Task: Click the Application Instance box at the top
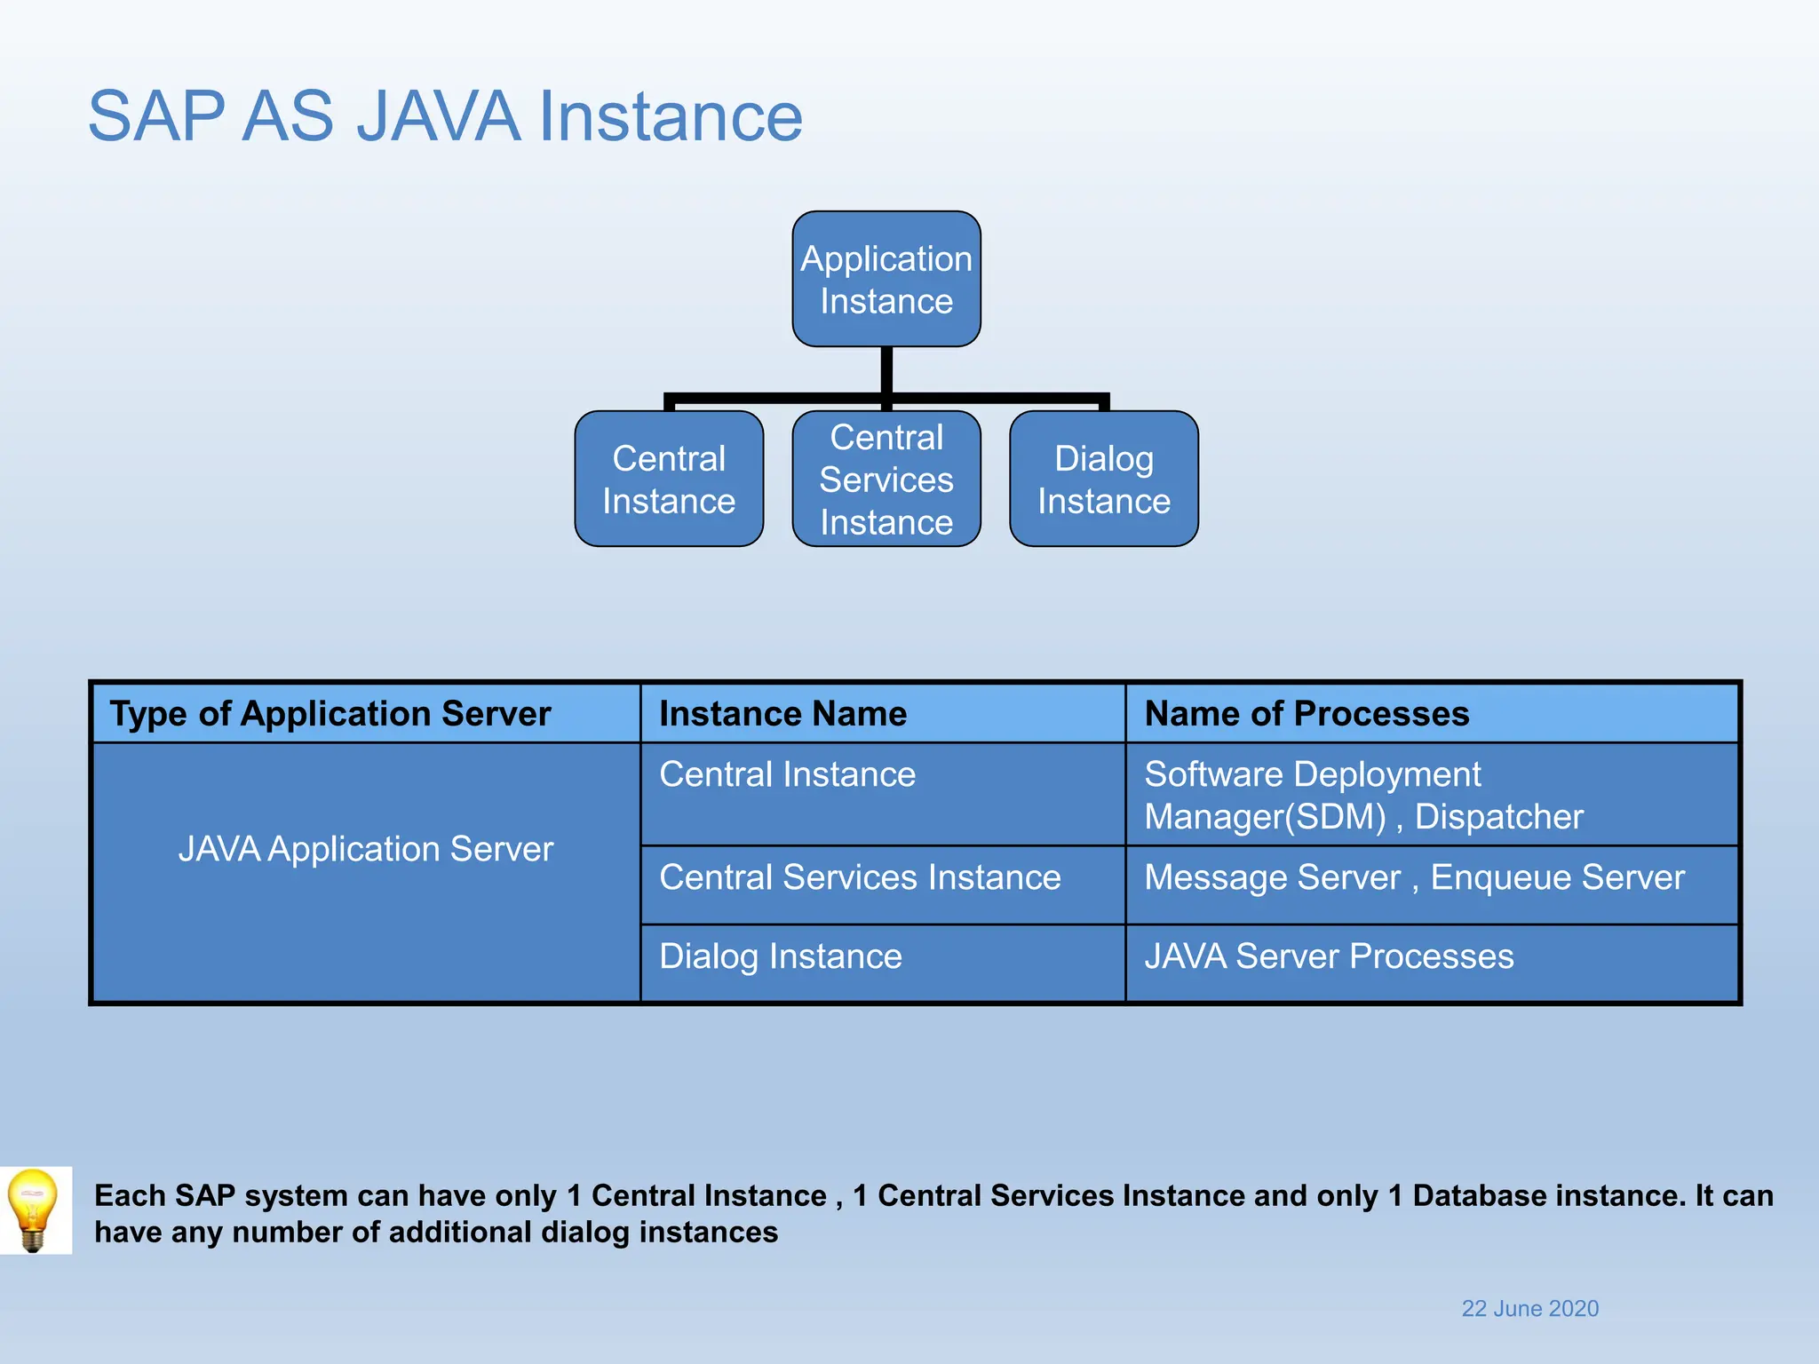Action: pyautogui.click(x=886, y=279)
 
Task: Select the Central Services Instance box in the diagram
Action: pyautogui.click(x=886, y=480)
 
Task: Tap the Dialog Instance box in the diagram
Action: pyautogui.click(x=1104, y=480)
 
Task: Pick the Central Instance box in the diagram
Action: pyautogui.click(x=669, y=480)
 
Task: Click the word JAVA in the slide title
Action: pyautogui.click(x=438, y=116)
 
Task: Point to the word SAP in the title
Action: pyautogui.click(x=156, y=116)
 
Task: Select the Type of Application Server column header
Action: pyautogui.click(x=330, y=714)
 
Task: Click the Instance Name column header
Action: pyautogui.click(x=782, y=714)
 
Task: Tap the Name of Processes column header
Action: pyautogui.click(x=1307, y=714)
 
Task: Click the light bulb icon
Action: pyautogui.click(x=34, y=1209)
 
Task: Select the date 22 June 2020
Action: pyautogui.click(x=1529, y=1309)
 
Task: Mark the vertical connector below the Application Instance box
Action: pyautogui.click(x=886, y=371)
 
